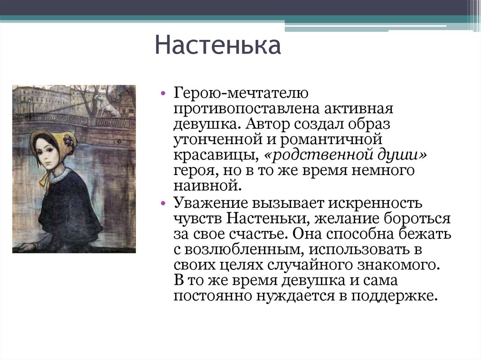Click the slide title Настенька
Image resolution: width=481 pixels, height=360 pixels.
tap(218, 46)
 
